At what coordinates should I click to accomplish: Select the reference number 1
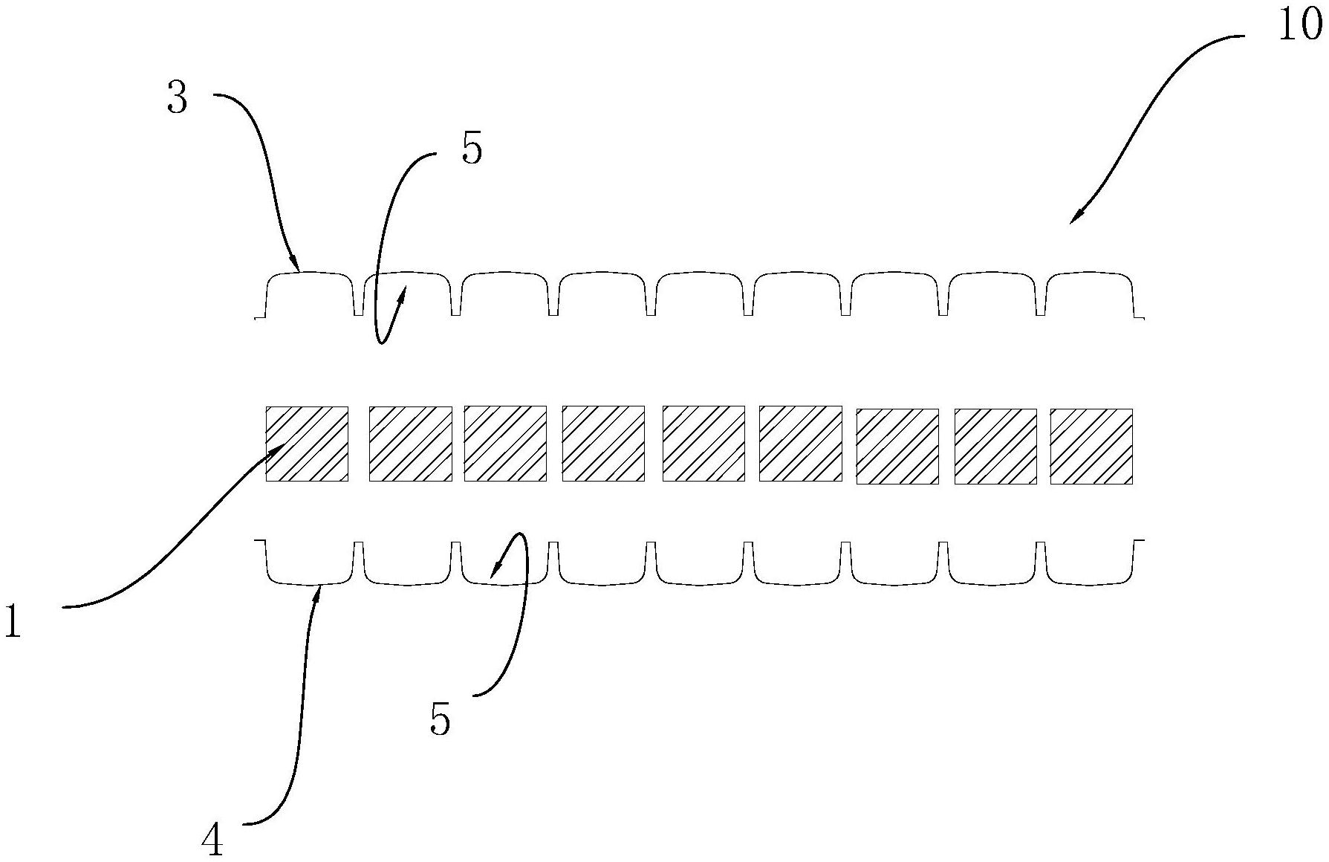(x=13, y=622)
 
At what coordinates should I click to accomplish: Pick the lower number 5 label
(x=441, y=719)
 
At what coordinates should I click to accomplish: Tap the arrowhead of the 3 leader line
(x=296, y=266)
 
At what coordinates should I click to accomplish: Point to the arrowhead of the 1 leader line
(x=282, y=447)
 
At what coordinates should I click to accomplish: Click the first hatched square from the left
(x=308, y=444)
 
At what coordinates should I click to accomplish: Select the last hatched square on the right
(x=1091, y=446)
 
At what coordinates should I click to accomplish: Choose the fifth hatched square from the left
(x=704, y=444)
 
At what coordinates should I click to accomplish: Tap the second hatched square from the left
(x=411, y=444)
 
